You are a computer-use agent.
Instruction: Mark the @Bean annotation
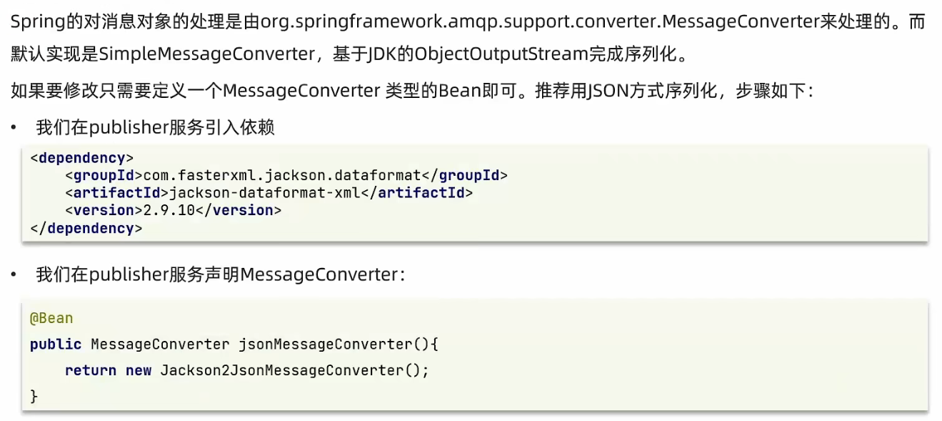[51, 318]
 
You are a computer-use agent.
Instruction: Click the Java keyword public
[56, 345]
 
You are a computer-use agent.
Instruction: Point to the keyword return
[90, 370]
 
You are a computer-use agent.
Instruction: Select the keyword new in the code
[139, 370]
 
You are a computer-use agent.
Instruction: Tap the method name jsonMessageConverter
[325, 345]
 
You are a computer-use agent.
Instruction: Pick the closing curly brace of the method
[34, 395]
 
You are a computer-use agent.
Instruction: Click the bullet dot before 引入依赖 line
[14, 128]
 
